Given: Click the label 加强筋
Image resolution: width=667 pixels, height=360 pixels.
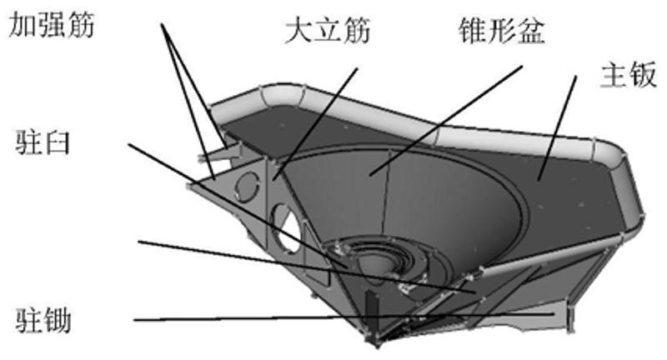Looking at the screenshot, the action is tap(52, 25).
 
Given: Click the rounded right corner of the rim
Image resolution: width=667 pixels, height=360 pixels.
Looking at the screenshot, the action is tap(621, 163).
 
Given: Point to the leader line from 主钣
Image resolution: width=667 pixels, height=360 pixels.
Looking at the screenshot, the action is tap(559, 125).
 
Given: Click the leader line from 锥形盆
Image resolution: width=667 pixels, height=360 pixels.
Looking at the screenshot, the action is tap(442, 117).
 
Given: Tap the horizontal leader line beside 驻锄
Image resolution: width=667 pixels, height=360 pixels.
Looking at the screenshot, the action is tap(250, 319).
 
